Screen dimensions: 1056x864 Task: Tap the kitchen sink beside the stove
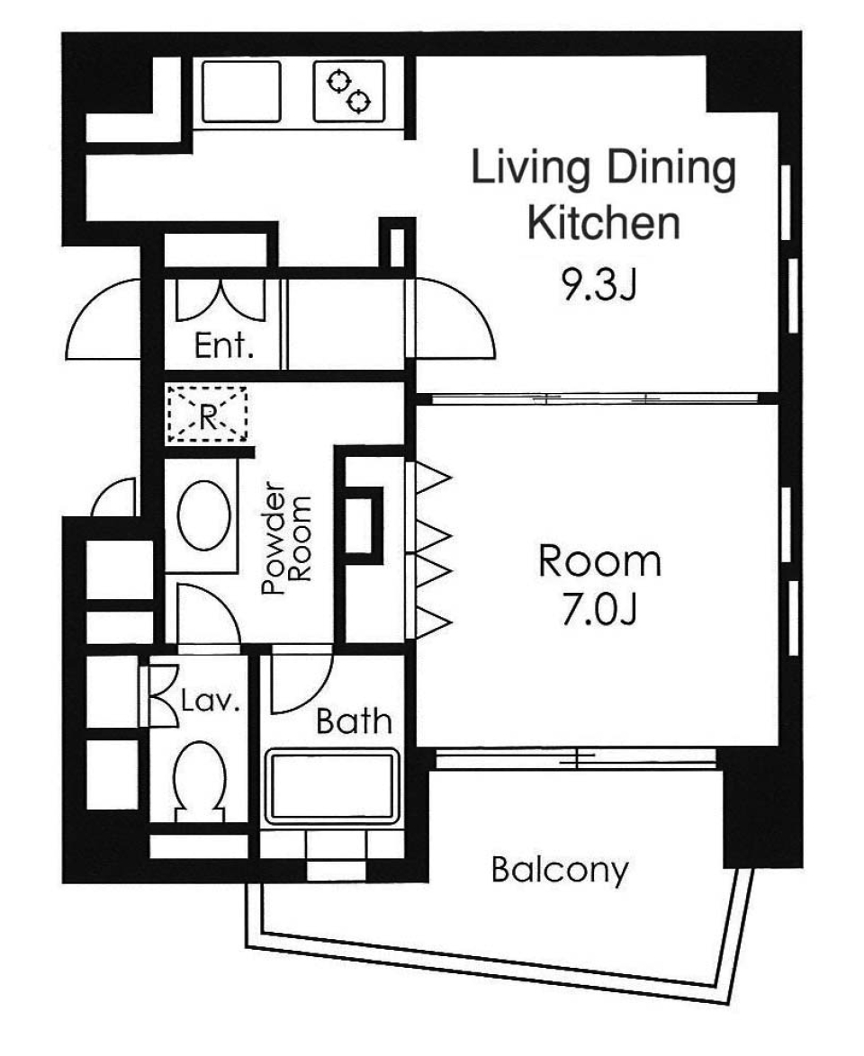[x=242, y=91]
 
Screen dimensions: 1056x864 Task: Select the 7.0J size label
[x=599, y=611]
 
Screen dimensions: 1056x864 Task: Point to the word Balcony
[x=558, y=870]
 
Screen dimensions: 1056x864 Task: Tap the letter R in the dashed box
[x=207, y=415]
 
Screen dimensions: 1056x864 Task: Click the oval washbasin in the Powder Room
[x=203, y=515]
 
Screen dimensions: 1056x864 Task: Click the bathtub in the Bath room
[x=332, y=786]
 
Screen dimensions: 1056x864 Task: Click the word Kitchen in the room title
[x=602, y=222]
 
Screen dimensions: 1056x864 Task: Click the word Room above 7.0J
[x=599, y=561]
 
